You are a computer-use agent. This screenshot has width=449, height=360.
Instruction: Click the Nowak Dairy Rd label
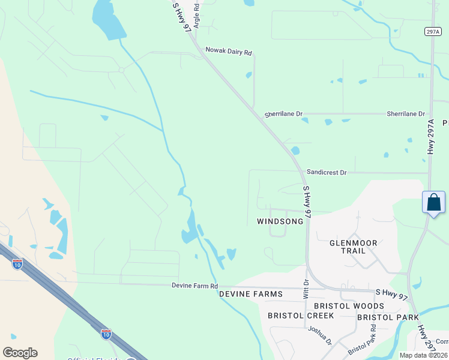click(228, 52)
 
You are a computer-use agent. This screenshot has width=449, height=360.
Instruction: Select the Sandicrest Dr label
click(327, 172)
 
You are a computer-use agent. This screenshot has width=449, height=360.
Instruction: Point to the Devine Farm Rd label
click(194, 286)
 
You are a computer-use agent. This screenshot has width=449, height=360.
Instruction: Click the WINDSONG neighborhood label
click(280, 221)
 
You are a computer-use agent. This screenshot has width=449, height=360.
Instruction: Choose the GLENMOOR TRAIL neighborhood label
click(354, 247)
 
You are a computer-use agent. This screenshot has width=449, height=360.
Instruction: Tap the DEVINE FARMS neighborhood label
click(250, 294)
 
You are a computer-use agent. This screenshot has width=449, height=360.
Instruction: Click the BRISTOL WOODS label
click(357, 306)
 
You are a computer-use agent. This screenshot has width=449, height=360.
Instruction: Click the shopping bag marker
click(433, 203)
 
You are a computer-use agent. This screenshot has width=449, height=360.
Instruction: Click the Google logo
click(20, 353)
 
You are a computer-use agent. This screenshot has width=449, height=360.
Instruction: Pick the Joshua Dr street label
click(319, 335)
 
